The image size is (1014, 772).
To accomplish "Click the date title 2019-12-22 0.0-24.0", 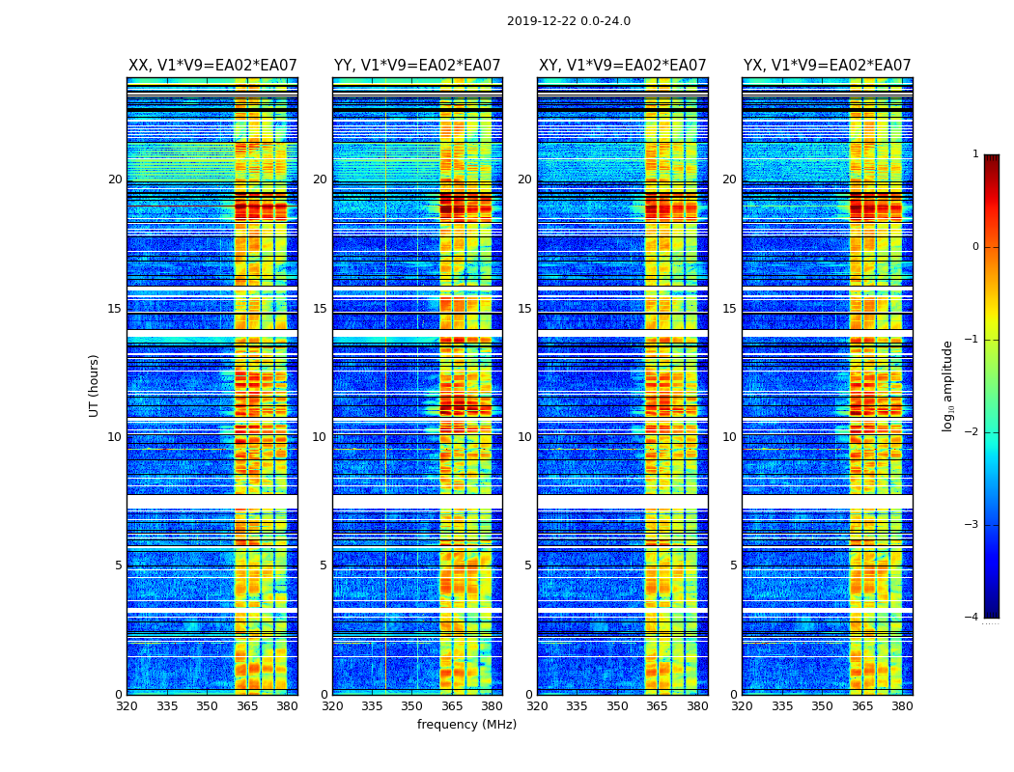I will point(568,21).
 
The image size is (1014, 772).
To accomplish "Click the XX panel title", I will point(212,66).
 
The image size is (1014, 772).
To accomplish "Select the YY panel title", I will point(417,66).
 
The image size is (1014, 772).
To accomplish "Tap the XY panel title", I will point(622,66).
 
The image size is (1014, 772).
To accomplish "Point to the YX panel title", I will point(827,66).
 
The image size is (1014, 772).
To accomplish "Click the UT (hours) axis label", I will point(95,385).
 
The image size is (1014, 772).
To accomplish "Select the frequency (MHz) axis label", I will point(466,725).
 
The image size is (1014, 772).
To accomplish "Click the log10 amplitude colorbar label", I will point(948,385).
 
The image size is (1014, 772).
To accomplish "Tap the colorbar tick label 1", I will point(975,154).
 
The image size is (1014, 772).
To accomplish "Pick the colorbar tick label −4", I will point(972,618).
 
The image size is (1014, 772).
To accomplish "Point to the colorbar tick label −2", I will point(972,432).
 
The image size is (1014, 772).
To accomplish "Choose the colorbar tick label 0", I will point(975,247).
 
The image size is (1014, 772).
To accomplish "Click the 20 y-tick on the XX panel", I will point(115,179).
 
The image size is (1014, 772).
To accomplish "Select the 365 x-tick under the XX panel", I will point(247,706).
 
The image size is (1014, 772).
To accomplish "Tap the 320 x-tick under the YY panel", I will point(332,706).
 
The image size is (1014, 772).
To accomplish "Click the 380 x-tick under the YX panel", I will point(902,706).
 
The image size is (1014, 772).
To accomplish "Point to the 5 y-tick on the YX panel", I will point(733,565).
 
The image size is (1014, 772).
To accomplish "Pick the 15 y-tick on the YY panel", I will point(320,309).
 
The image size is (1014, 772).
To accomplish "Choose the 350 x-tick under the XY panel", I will point(616,706).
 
